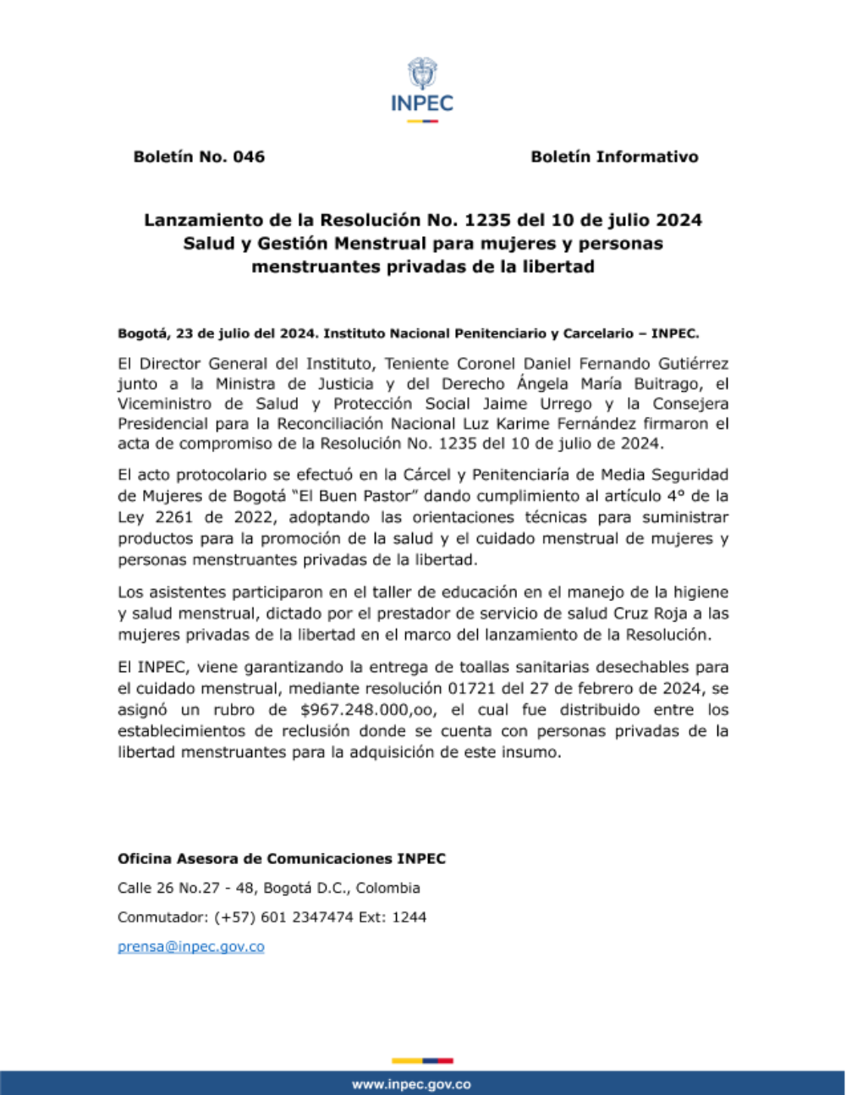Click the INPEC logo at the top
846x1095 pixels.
tap(422, 88)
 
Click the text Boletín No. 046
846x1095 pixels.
tap(199, 157)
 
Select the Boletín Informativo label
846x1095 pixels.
tap(614, 157)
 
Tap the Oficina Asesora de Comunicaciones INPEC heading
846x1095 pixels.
tap(281, 859)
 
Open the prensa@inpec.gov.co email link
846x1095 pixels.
tap(190, 947)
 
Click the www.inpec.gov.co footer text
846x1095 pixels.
tap(411, 1084)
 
